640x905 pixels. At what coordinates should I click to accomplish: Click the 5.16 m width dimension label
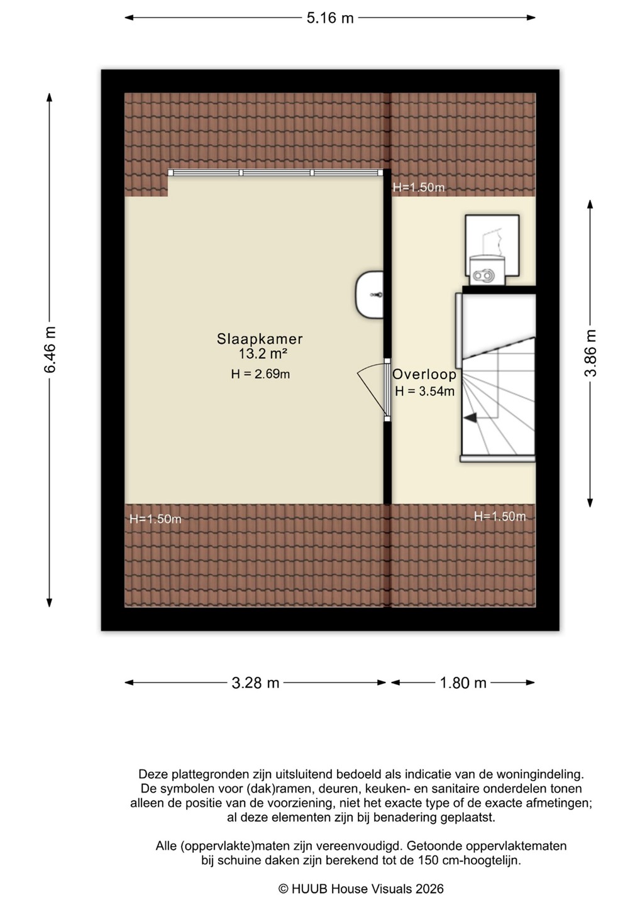(329, 18)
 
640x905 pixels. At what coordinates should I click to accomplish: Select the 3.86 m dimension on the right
(590, 353)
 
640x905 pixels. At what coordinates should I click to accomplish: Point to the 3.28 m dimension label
(255, 683)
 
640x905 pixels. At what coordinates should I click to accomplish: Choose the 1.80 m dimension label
(463, 683)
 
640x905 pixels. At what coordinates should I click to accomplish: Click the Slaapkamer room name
(260, 339)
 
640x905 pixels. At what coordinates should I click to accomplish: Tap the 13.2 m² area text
(263, 354)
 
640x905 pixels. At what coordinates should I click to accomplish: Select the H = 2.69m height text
(261, 374)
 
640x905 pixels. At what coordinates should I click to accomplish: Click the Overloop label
(424, 375)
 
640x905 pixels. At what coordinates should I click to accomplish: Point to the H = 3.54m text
(424, 391)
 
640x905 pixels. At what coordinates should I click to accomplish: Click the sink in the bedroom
(369, 295)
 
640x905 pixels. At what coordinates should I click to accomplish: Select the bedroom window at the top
(275, 172)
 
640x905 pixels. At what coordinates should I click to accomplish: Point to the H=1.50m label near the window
(419, 187)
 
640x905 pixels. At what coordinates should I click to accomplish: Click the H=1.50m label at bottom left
(155, 518)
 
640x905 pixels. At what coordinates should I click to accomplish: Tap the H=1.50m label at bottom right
(500, 517)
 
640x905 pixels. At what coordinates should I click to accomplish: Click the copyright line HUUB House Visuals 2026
(361, 889)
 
